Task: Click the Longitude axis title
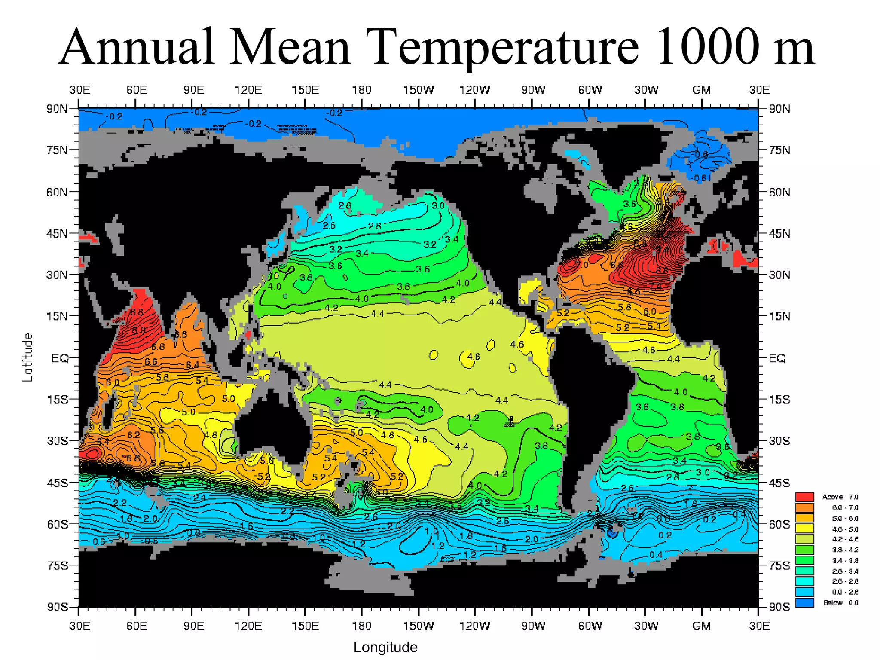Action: coord(385,647)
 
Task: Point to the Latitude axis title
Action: coord(28,357)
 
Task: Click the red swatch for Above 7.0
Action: coord(804,497)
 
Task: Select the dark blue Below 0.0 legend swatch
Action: coord(804,603)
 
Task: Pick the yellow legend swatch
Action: coord(804,529)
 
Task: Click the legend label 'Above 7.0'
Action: coord(840,497)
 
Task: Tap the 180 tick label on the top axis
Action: coord(361,90)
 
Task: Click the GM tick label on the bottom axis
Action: coord(701,626)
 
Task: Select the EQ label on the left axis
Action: coord(60,358)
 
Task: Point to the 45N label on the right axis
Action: coord(779,234)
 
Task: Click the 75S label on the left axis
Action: coord(57,565)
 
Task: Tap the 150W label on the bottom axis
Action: coord(418,626)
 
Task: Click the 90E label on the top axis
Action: coord(194,90)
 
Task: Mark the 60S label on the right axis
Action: coord(779,525)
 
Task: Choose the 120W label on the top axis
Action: coord(474,90)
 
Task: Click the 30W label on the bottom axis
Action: coord(646,626)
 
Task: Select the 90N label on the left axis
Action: coord(57,109)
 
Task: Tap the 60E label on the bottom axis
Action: coord(137,626)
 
